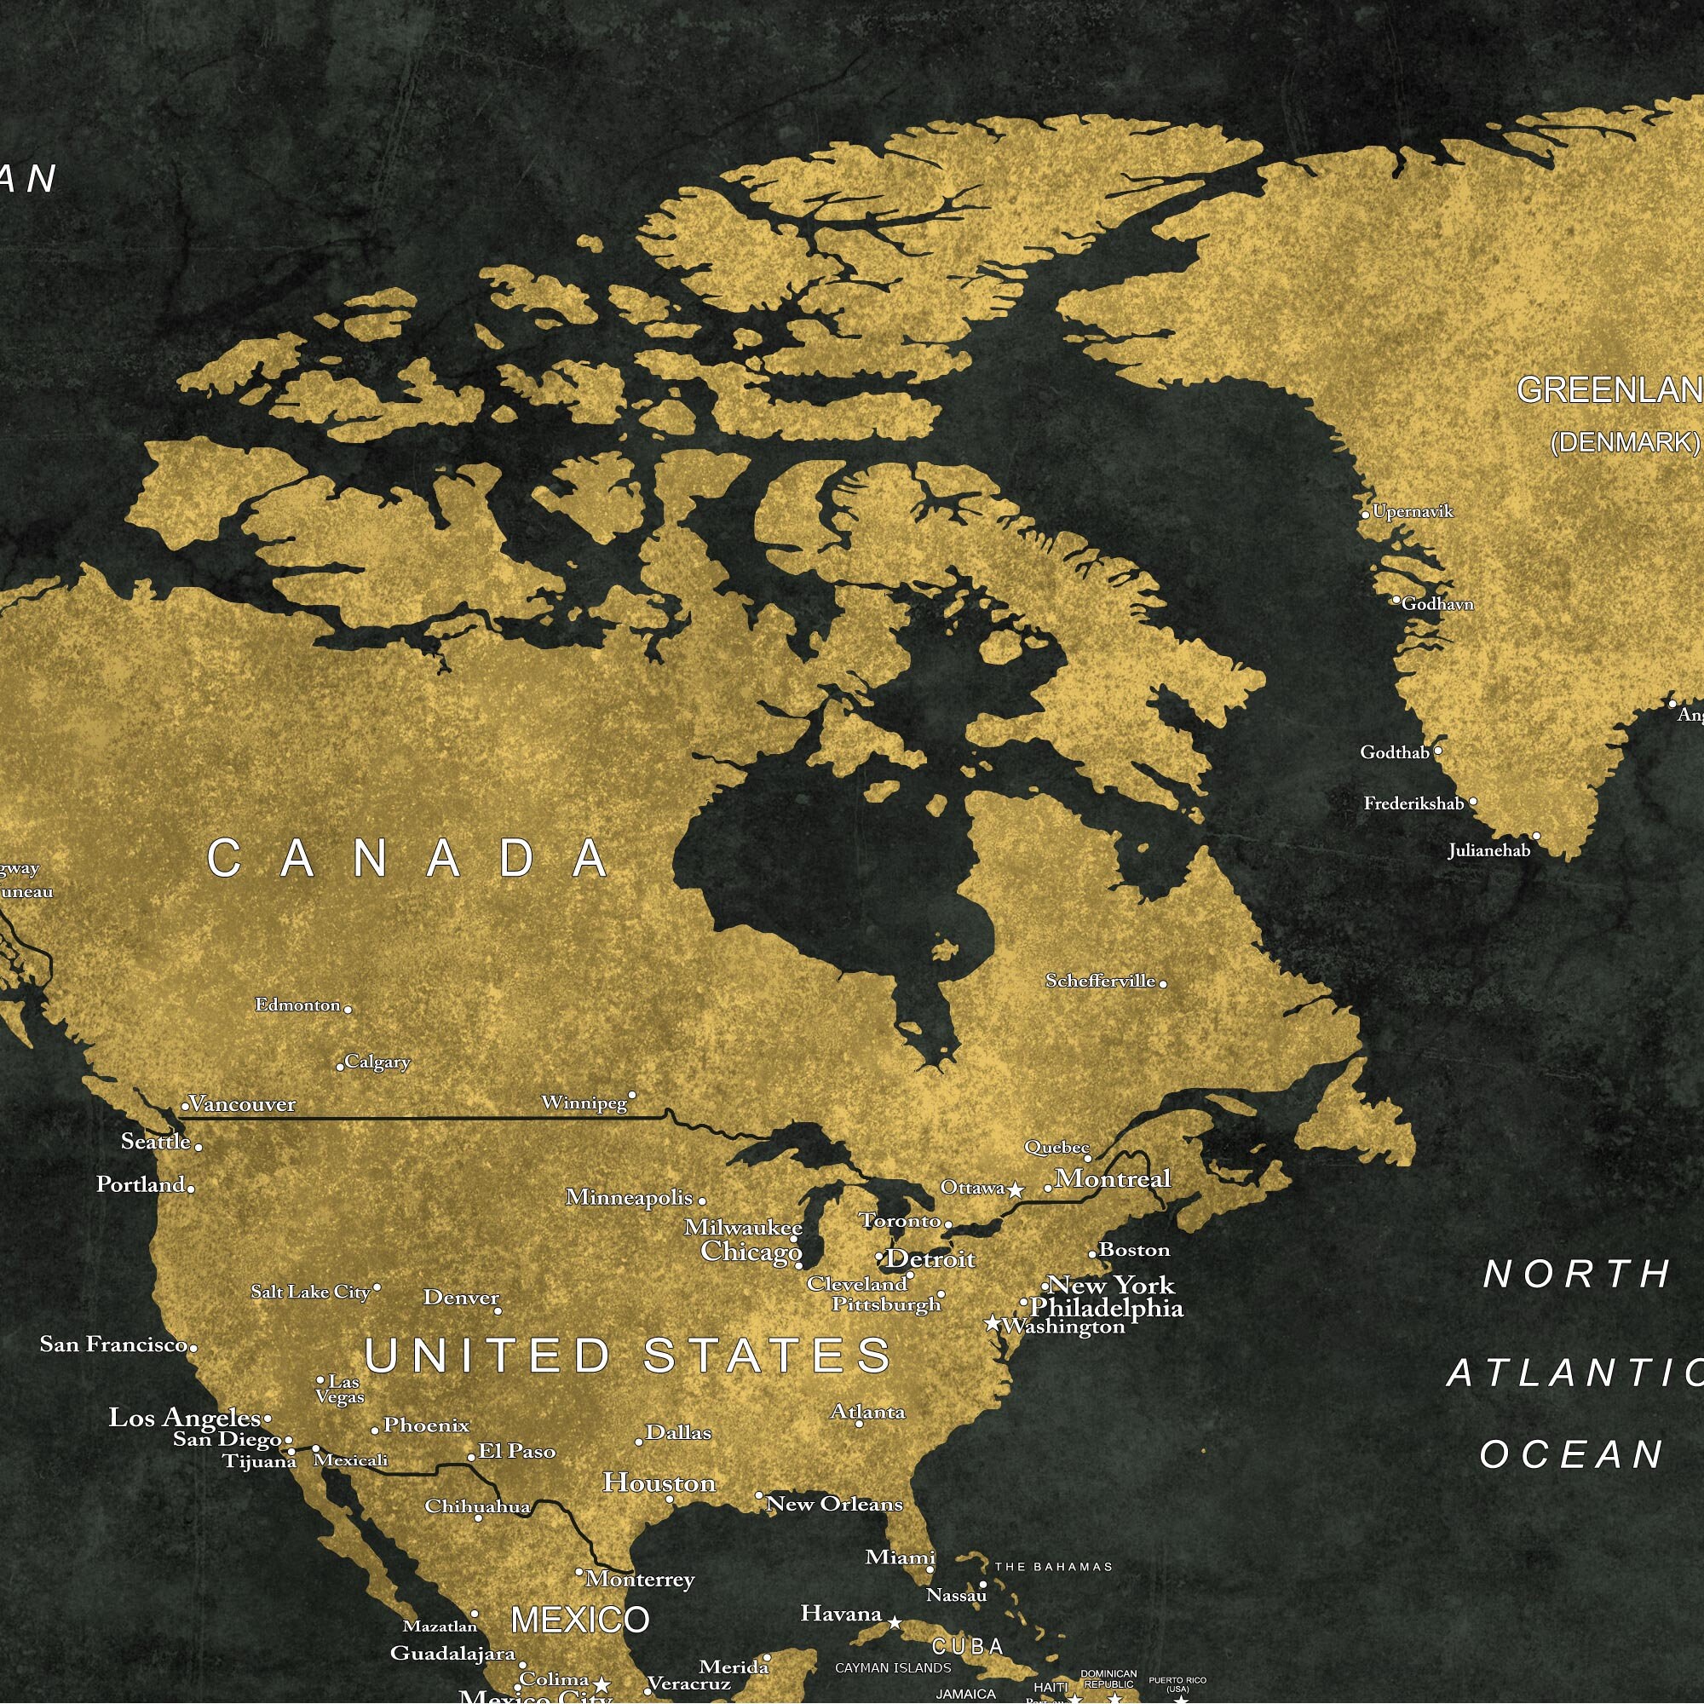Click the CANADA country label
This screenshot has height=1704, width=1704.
click(408, 858)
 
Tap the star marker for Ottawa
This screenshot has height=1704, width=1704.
click(1016, 1189)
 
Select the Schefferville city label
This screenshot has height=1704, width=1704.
click(1100, 981)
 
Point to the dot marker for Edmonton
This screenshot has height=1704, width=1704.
click(348, 1009)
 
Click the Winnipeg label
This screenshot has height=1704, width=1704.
click(584, 1103)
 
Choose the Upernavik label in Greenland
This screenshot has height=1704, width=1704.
click(1412, 511)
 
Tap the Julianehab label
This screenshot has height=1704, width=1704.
click(1488, 851)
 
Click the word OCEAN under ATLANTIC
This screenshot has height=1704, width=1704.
click(1572, 1454)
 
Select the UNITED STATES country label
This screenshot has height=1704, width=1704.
click(628, 1356)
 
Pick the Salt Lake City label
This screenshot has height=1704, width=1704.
click(310, 1292)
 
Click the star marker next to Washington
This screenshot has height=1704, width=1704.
click(993, 1323)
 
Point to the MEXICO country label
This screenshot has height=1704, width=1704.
click(580, 1621)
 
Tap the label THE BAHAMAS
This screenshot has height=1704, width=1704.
click(1053, 1568)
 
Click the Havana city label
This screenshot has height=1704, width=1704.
click(841, 1614)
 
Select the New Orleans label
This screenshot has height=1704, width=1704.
click(834, 1504)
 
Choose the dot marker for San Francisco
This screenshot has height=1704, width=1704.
click(193, 1347)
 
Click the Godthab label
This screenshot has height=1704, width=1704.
click(1395, 752)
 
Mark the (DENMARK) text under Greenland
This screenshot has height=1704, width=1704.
click(1625, 443)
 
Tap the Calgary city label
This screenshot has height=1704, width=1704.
click(377, 1062)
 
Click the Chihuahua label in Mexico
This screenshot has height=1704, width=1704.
click(477, 1506)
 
